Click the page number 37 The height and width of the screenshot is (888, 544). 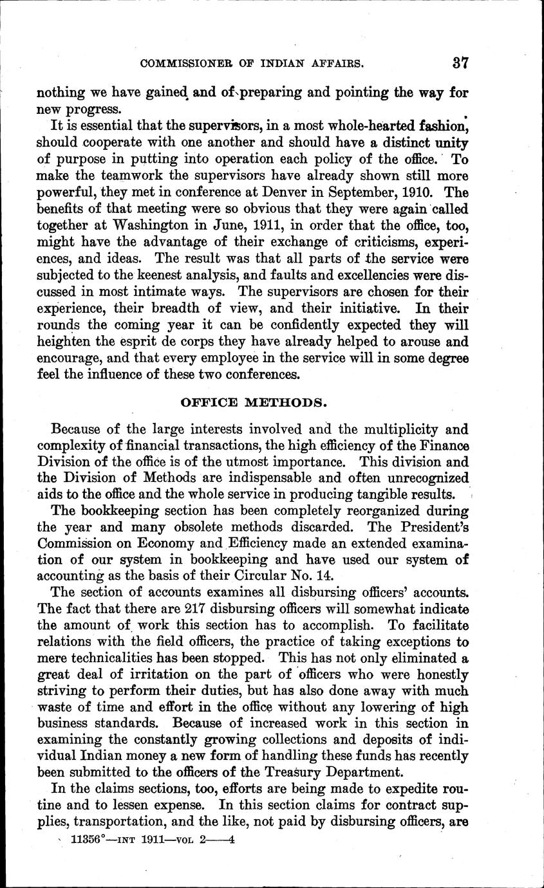pos(460,62)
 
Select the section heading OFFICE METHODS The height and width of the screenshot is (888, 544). pos(253,403)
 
